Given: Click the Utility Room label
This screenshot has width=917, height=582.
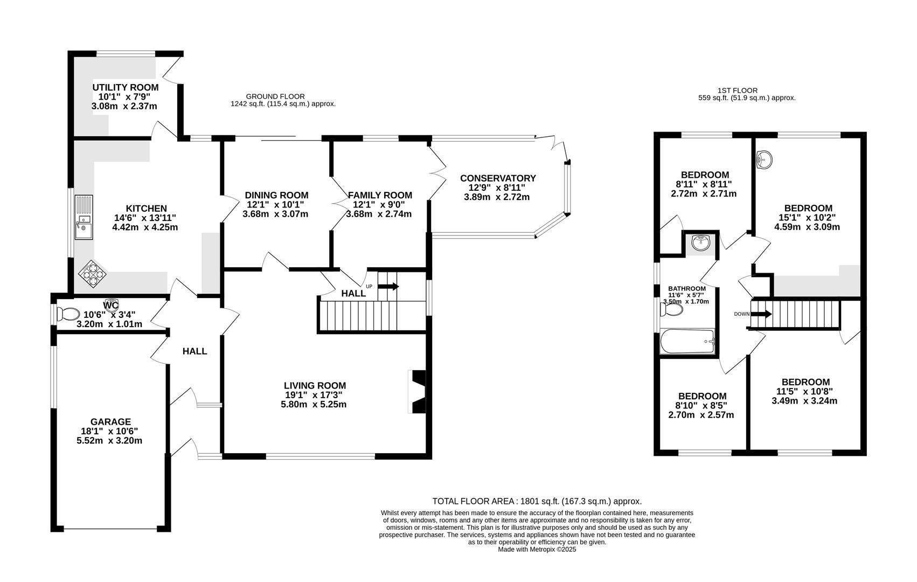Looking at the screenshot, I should [126, 87].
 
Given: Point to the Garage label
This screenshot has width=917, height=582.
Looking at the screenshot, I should [110, 422].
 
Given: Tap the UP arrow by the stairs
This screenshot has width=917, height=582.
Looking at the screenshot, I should [388, 287].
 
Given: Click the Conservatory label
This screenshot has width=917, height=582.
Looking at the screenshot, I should [497, 178].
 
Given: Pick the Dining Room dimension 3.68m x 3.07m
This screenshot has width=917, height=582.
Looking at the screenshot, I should [275, 214].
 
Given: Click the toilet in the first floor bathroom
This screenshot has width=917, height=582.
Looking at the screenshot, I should [672, 310].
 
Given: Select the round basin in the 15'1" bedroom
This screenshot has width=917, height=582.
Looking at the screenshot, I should [763, 160].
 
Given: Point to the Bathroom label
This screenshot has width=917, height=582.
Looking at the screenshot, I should [686, 289].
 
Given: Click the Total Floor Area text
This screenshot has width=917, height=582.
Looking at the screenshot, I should [537, 501].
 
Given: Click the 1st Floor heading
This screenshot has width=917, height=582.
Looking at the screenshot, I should [738, 91].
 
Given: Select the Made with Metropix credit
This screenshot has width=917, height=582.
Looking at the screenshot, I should [537, 550].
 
